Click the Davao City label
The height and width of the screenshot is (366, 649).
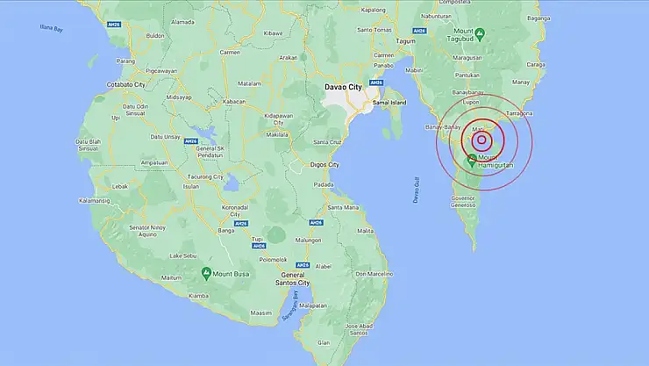point(343,88)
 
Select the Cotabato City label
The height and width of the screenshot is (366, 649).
point(125,83)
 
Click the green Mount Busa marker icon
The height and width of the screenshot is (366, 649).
point(206,273)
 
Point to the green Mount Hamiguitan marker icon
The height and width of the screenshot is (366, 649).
point(472,160)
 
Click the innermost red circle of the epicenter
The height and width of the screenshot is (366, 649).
point(481,140)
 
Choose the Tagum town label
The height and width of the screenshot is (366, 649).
point(405,41)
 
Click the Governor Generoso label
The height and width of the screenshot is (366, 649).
point(463,202)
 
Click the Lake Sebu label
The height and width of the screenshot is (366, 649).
point(183,255)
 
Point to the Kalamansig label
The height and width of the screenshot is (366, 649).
point(93,200)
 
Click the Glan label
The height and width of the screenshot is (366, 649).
point(349,344)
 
